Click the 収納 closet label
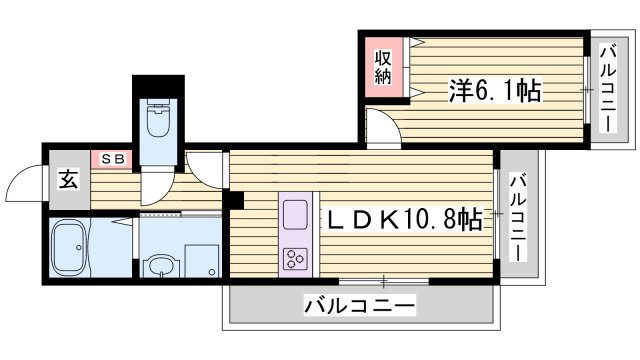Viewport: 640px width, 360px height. click(382, 67)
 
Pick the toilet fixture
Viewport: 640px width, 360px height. click(158, 121)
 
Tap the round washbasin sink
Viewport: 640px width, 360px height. click(159, 266)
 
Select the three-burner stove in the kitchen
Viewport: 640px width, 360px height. click(297, 259)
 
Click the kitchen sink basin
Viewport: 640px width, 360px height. click(297, 214)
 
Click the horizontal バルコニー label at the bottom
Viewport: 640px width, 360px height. click(359, 305)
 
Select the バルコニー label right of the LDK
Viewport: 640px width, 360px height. click(518, 218)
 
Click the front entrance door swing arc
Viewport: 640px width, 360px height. click(22, 183)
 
